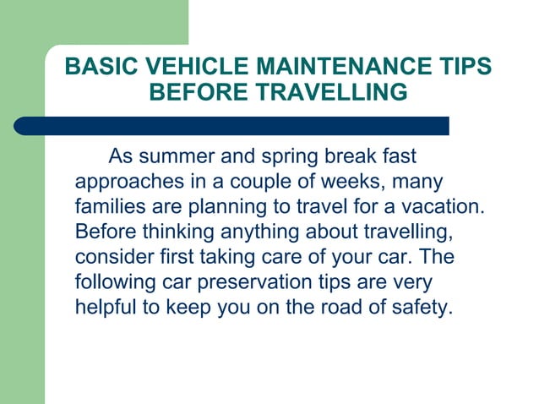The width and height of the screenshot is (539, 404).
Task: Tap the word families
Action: (107, 207)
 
